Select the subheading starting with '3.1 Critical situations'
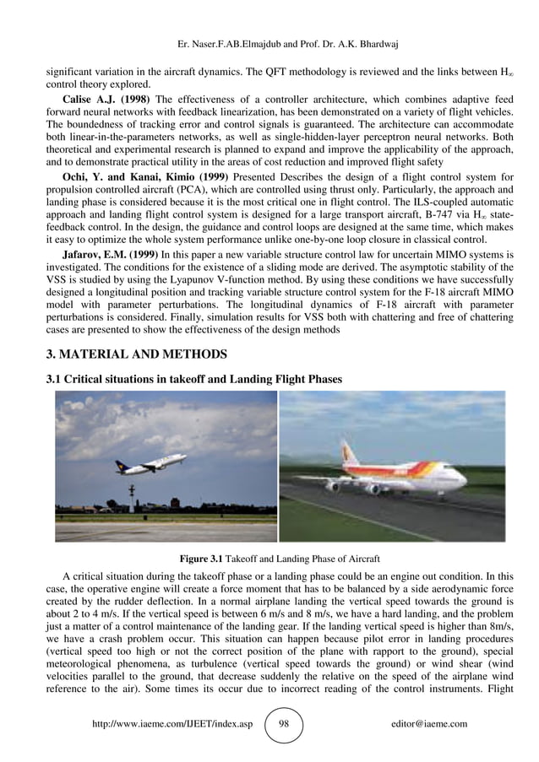(193, 380)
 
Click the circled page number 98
(284, 724)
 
